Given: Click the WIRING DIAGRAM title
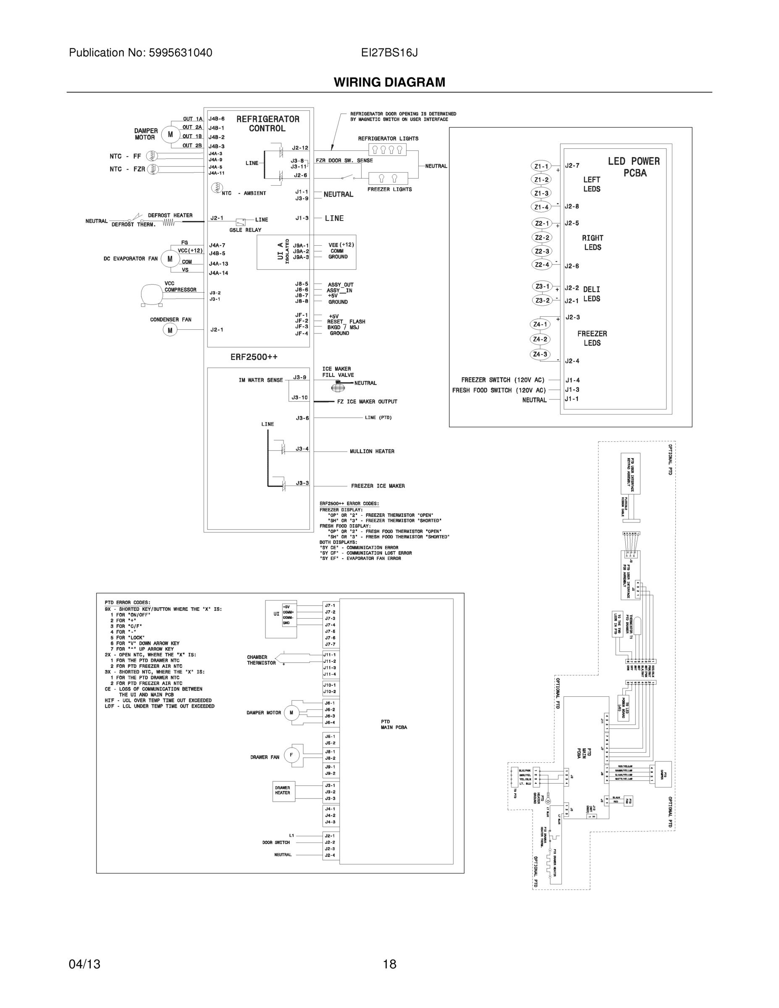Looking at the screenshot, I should coord(390,82).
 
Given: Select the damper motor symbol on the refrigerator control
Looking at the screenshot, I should coord(170,134).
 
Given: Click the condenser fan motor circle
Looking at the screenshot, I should coord(170,330).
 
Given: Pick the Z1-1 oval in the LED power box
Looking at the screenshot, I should coord(541,166).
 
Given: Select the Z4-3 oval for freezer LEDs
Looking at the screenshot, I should coord(540,354).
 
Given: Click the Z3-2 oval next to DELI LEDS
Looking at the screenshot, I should coord(542,300).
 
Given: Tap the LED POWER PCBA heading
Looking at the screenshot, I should coord(634,167).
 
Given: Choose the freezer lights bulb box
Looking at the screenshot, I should coord(388,178).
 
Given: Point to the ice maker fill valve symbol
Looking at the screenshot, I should coord(338,387).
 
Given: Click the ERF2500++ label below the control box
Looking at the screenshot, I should coord(254,357).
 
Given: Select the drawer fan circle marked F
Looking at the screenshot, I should coord(291,755).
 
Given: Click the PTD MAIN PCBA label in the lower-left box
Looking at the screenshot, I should coord(393,724).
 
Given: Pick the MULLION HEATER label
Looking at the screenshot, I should coord(372,451).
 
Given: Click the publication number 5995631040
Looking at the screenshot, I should coord(181,52).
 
